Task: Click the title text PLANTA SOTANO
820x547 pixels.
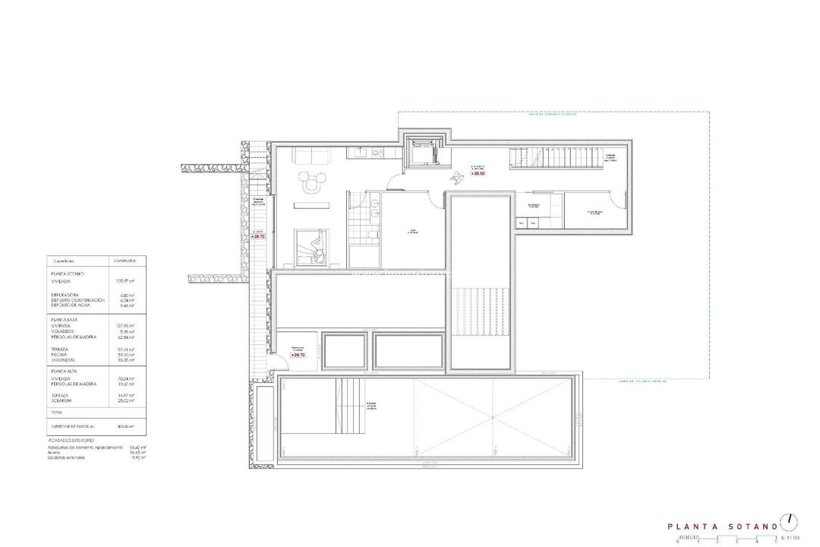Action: click(721, 525)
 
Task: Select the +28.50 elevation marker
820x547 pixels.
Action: click(478, 174)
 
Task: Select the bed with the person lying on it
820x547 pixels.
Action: click(312, 248)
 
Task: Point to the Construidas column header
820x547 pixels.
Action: click(125, 260)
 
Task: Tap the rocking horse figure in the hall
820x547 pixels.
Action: click(458, 179)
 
